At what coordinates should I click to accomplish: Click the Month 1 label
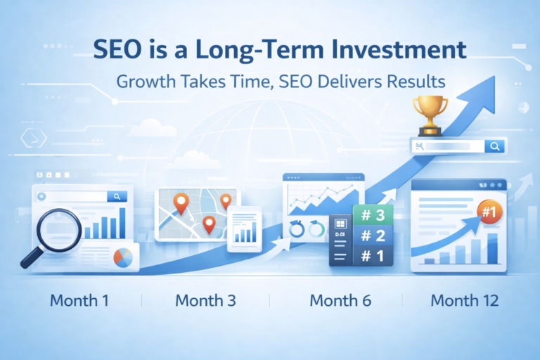click(79, 301)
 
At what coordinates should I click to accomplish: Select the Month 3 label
click(205, 301)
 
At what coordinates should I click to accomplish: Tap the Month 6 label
click(340, 301)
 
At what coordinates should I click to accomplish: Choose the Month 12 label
click(465, 301)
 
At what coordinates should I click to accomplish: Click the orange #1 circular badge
click(487, 210)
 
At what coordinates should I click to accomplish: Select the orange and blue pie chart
click(123, 257)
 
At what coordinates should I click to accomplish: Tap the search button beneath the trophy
click(495, 146)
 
